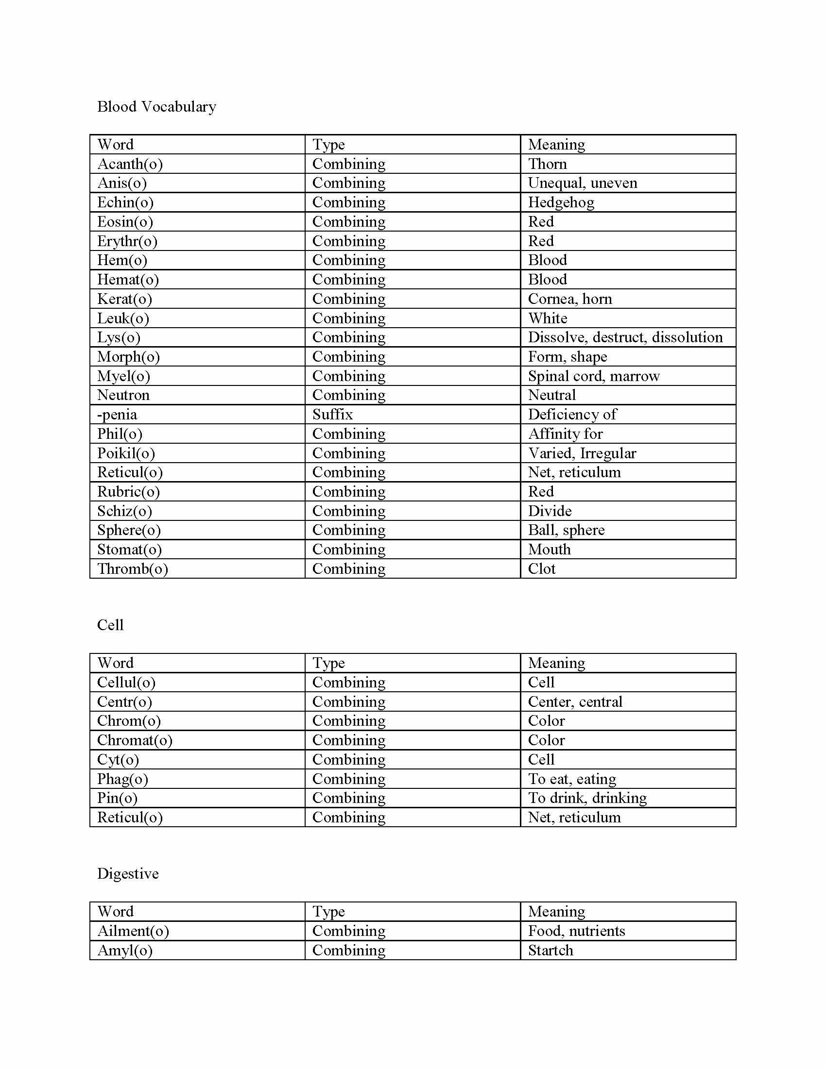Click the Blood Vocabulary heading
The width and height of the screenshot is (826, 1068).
[156, 107]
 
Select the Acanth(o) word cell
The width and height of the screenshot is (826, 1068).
[130, 164]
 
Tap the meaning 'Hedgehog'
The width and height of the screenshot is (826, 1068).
[561, 202]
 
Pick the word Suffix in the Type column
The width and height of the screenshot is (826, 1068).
[332, 415]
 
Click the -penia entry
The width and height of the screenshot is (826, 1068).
[117, 415]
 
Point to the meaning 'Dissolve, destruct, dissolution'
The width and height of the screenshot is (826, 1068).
[625, 337]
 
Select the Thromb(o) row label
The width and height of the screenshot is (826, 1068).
[132, 569]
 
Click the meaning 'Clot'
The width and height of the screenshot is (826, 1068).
[541, 569]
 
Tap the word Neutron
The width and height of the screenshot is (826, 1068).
[123, 395]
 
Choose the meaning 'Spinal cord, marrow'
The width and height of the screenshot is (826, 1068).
[594, 376]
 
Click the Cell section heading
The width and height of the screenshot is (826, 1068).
[110, 625]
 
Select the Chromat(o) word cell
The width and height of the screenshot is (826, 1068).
[135, 740]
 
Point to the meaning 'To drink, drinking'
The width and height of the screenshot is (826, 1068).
[587, 798]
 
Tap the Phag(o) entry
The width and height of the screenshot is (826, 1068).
[122, 779]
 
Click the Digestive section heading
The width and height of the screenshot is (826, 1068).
[128, 874]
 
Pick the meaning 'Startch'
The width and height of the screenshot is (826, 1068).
[550, 950]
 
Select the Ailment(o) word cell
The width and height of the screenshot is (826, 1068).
[133, 931]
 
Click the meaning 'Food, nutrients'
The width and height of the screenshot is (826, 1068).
[576, 931]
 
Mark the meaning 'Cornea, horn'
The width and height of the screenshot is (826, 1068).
[569, 299]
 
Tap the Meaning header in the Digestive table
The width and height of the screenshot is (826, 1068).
[556, 912]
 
